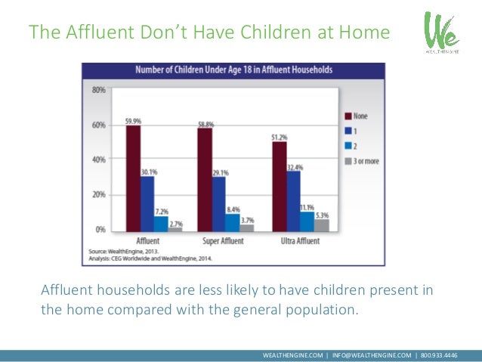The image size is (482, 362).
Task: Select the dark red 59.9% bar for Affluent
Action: (133, 178)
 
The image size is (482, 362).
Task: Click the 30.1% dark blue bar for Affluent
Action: (147, 203)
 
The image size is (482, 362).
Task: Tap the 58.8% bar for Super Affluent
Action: (204, 178)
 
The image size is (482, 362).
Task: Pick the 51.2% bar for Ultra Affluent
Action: (279, 185)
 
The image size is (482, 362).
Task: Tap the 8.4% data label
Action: (233, 209)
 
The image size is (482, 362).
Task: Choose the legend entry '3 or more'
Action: (364, 161)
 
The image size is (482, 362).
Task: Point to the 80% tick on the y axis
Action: (98, 90)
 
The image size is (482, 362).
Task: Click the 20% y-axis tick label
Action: (98, 194)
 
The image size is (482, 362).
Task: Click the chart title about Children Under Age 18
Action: (233, 70)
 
